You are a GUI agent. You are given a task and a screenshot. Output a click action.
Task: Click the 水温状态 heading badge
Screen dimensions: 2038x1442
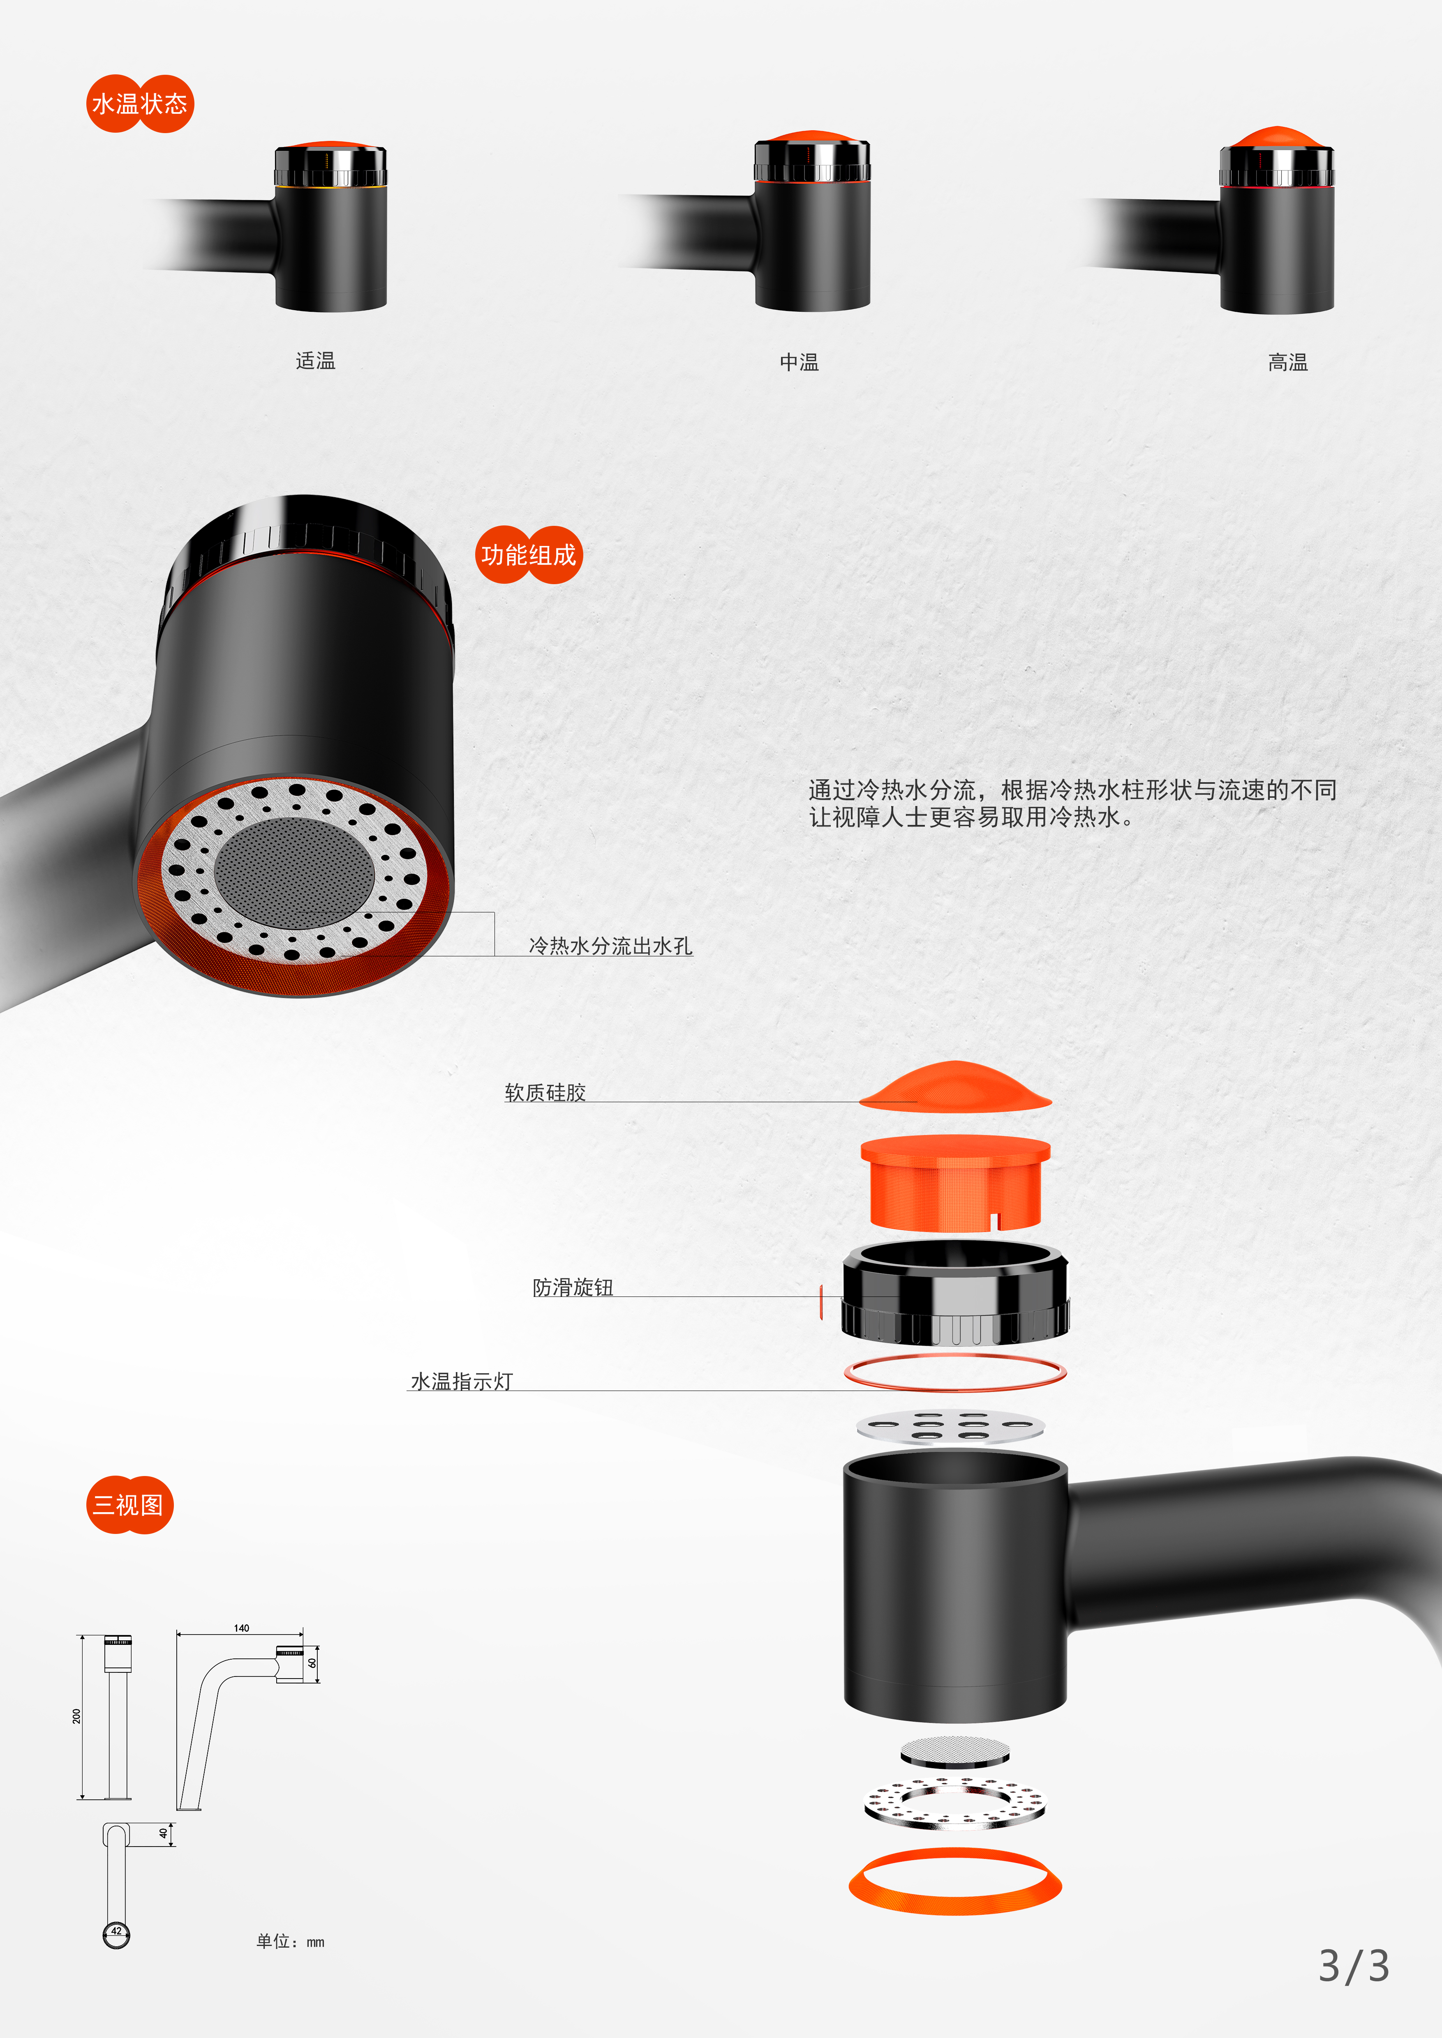click(139, 104)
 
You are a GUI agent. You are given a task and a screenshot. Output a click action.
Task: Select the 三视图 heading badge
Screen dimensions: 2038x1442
click(129, 1504)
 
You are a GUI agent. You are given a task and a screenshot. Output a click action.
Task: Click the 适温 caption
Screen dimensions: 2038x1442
click(315, 360)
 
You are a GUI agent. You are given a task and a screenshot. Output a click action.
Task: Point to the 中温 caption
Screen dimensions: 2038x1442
click(799, 362)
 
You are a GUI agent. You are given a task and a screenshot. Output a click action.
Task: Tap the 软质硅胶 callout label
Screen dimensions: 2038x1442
click(545, 1093)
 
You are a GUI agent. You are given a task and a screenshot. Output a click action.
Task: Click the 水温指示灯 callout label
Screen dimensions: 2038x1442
click(462, 1381)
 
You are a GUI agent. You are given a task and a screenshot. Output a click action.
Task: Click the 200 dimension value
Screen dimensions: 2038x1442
click(76, 1716)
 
